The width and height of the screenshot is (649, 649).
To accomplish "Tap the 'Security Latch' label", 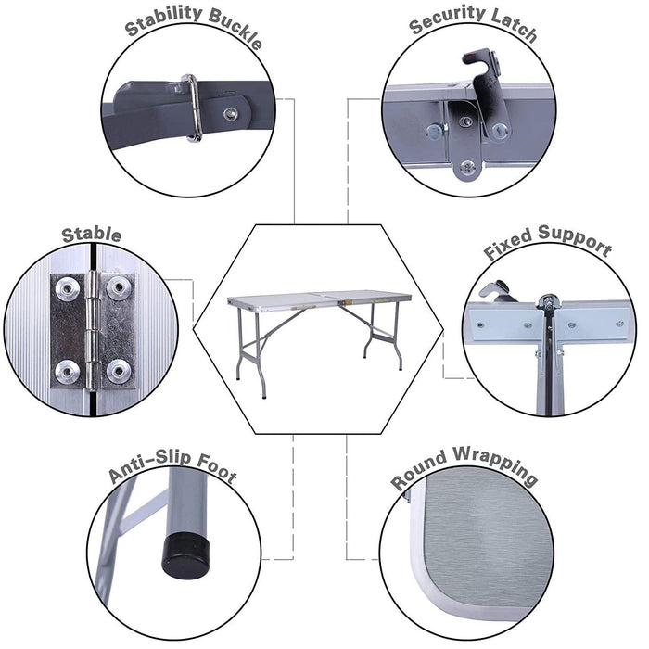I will [473, 26].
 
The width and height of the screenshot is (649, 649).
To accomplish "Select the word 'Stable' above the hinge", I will [91, 234].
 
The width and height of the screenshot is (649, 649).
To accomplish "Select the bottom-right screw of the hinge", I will [118, 371].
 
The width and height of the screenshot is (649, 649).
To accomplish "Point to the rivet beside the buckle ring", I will [229, 112].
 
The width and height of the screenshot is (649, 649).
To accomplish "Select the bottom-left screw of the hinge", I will [69, 371].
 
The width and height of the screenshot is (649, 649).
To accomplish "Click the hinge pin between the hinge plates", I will [93, 329].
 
